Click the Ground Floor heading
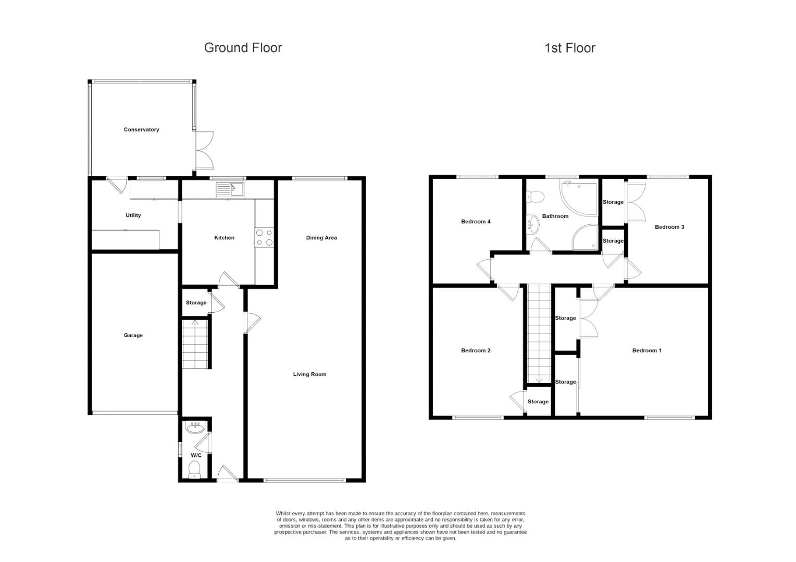pyautogui.click(x=243, y=48)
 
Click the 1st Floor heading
pyautogui.click(x=569, y=48)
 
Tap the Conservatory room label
pyautogui.click(x=141, y=130)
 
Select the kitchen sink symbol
pyautogui.click(x=230, y=189)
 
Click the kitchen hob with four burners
pyautogui.click(x=264, y=237)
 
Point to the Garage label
pyautogui.click(x=133, y=336)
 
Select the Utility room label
pyautogui.click(x=133, y=215)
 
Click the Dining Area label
pyautogui.click(x=321, y=238)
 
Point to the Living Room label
pyautogui.click(x=309, y=374)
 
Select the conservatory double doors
pyautogui.click(x=204, y=150)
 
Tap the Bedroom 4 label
pyautogui.click(x=476, y=222)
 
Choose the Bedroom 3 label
pyautogui.click(x=669, y=227)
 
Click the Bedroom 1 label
pyautogui.click(x=646, y=351)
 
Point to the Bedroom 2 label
pyautogui.click(x=476, y=351)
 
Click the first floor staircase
pyautogui.click(x=539, y=333)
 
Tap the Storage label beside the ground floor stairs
pyautogui.click(x=196, y=303)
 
